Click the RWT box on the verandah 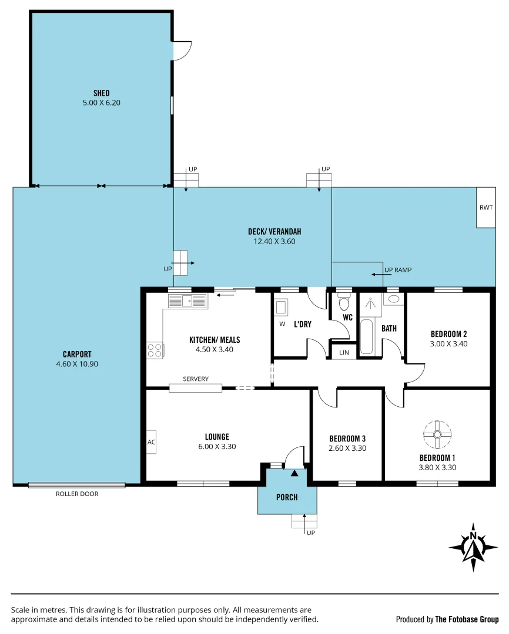485,207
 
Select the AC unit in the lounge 151,442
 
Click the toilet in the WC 344,303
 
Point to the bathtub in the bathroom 366,336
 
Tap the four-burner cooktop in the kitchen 155,350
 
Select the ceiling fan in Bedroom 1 437,434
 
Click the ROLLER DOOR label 77,494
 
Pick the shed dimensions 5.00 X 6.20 101,103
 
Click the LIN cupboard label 343,352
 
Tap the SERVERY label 196,379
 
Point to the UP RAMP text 397,270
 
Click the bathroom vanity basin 393,299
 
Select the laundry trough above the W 281,307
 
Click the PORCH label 287,497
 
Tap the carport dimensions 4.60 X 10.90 77,364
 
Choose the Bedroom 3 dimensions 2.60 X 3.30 347,448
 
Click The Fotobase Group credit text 467,619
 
